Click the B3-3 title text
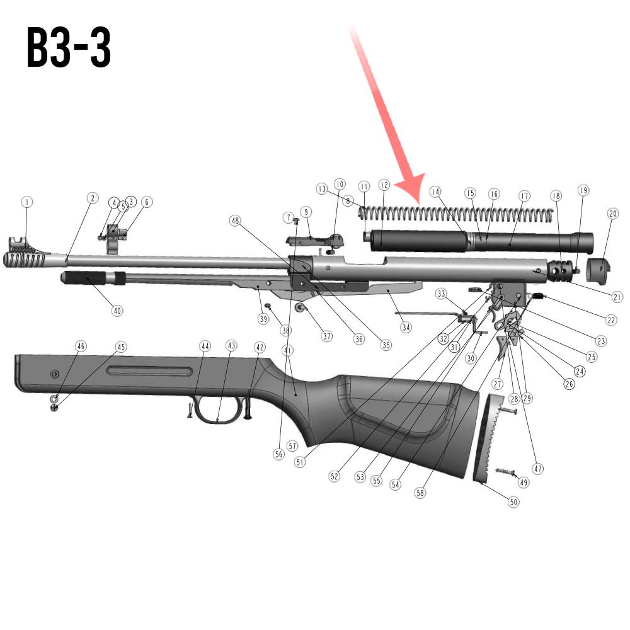click(69, 49)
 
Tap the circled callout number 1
click(26, 202)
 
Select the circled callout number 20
click(613, 214)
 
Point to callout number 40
click(117, 311)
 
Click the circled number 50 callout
click(514, 502)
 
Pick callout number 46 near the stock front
click(81, 346)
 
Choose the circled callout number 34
click(406, 328)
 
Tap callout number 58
click(420, 493)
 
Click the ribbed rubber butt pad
click(488, 440)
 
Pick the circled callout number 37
click(326, 336)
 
